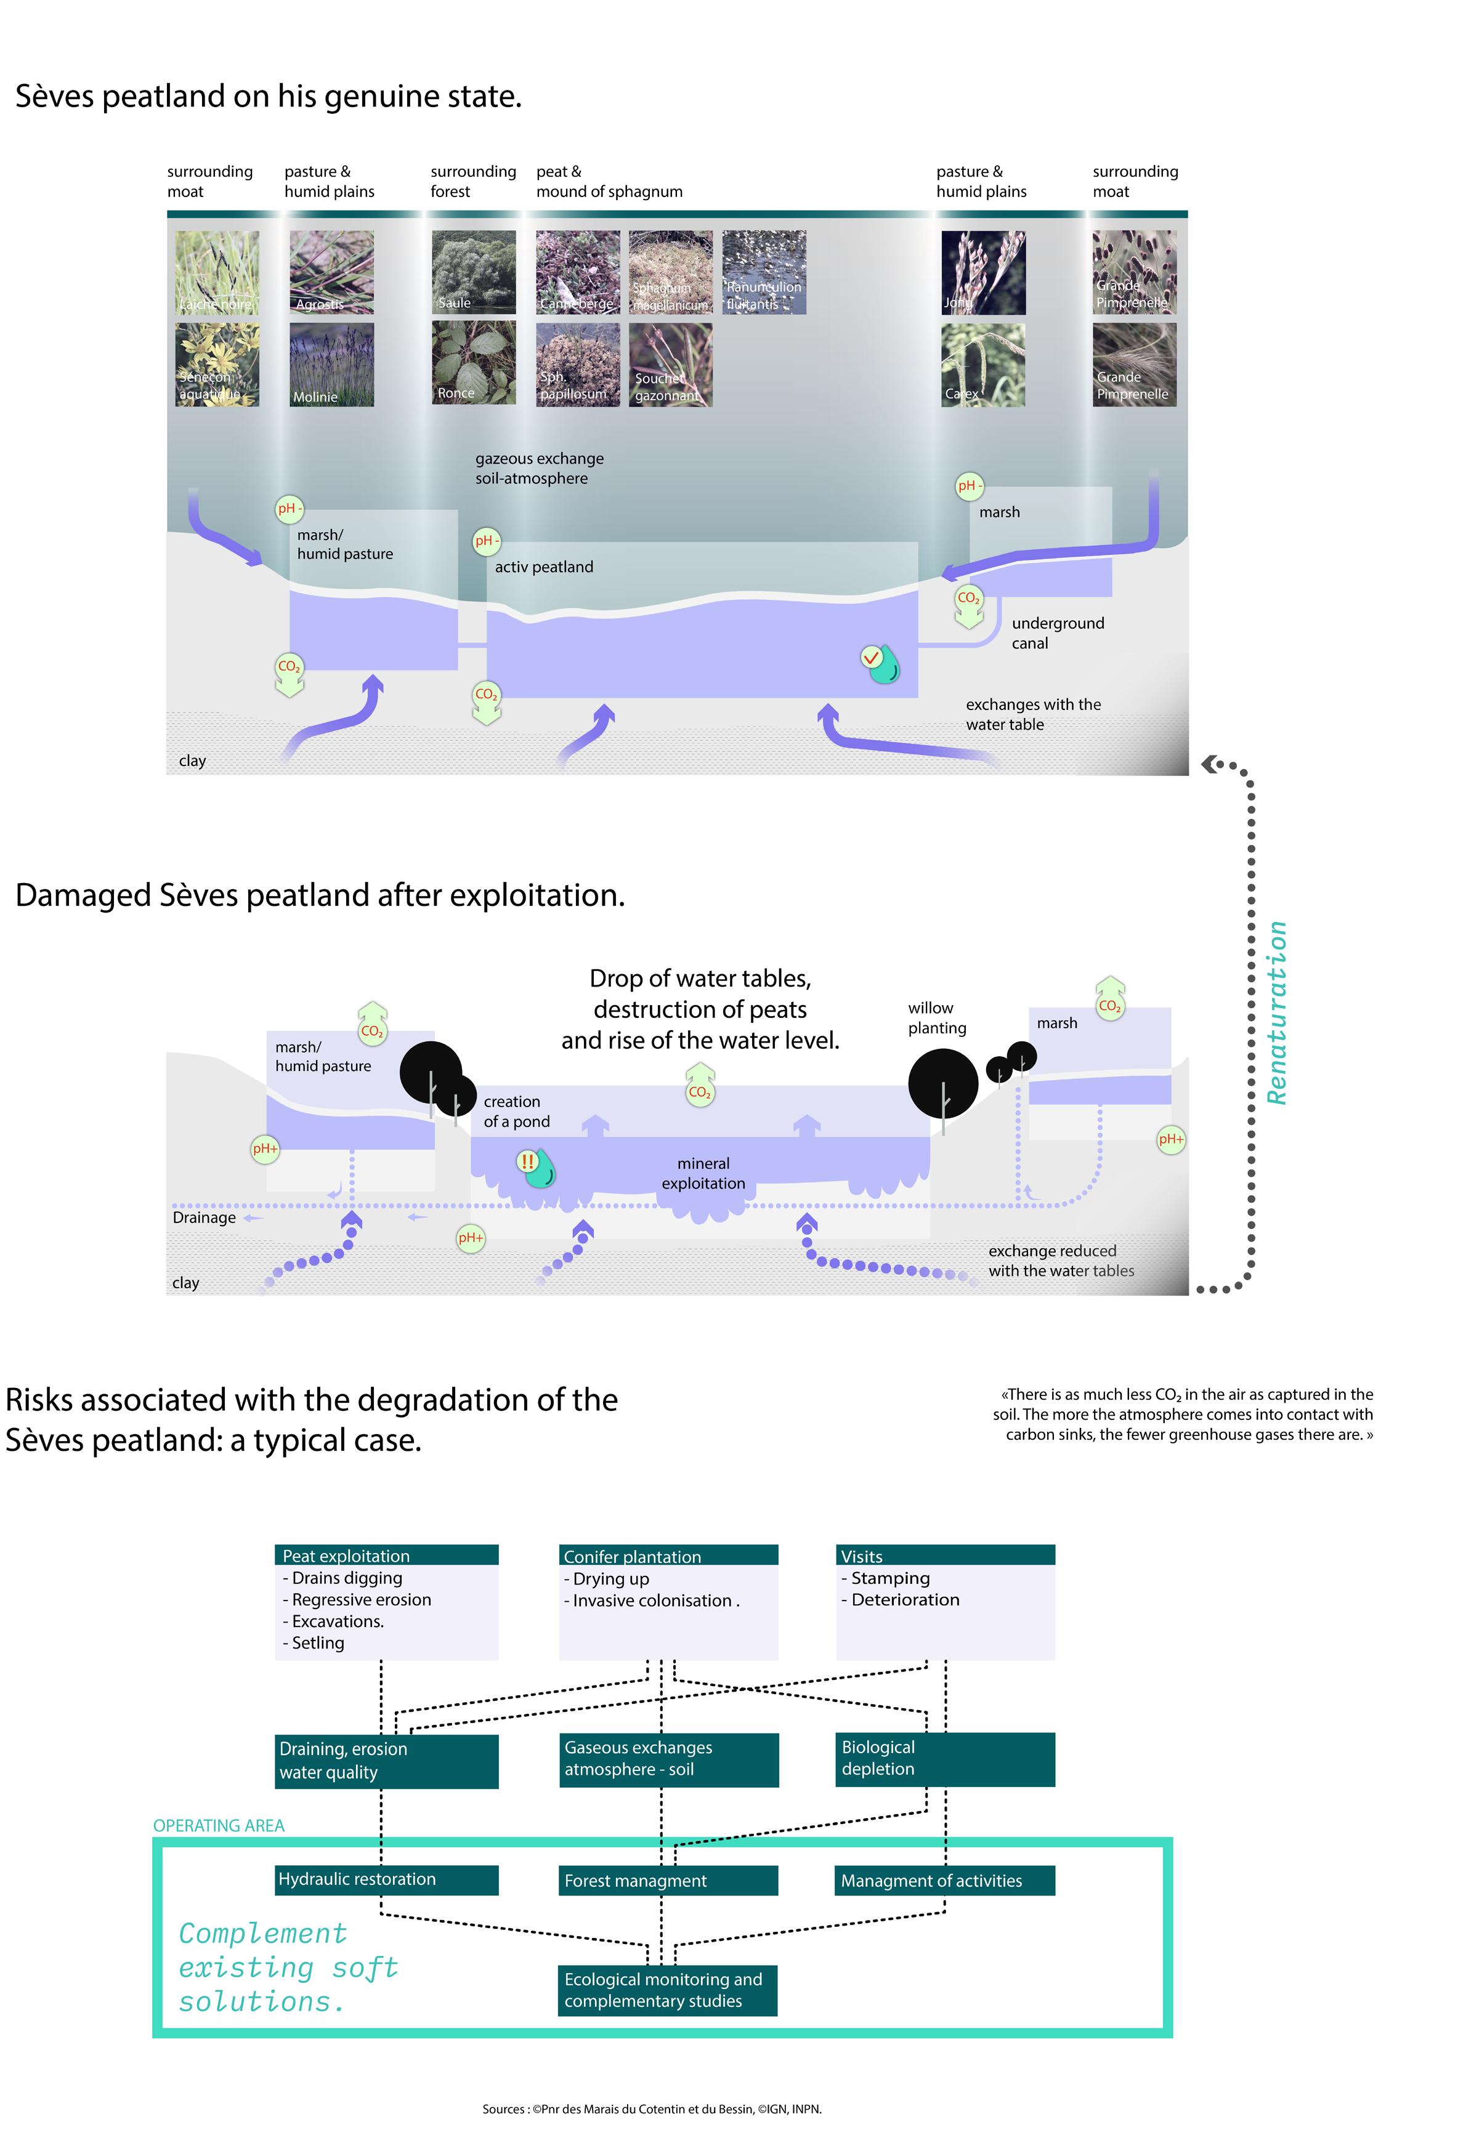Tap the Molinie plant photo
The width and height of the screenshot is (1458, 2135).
[x=331, y=364]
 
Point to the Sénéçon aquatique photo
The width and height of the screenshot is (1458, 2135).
[x=217, y=364]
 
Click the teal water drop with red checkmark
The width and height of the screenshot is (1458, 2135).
[x=882, y=663]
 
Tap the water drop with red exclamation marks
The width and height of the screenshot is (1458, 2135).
[x=538, y=1167]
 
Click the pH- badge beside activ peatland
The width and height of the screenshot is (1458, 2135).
[x=486, y=541]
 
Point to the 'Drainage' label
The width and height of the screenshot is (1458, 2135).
[x=204, y=1217]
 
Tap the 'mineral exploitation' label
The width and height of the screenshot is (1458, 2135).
[x=703, y=1173]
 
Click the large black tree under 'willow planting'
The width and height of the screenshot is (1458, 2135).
[x=942, y=1084]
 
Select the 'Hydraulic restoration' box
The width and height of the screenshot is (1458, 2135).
[x=386, y=1879]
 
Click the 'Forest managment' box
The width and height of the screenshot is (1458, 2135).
[x=668, y=1881]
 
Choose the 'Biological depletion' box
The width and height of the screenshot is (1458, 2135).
[x=944, y=1758]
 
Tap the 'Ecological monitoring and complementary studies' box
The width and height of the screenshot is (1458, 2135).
[x=667, y=1990]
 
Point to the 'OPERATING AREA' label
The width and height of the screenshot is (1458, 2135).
[x=219, y=1825]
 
